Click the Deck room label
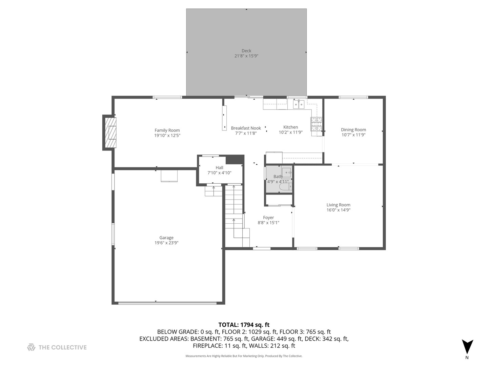(246, 51)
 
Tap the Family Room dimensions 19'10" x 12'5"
(167, 136)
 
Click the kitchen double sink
(299, 104)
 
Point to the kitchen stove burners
(316, 124)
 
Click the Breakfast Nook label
(246, 128)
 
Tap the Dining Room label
(353, 130)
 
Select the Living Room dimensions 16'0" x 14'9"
(338, 210)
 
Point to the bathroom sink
(286, 172)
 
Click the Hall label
(219, 168)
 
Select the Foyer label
(268, 218)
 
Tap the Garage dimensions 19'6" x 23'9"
(166, 243)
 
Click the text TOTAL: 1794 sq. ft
(244, 325)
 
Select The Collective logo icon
(31, 347)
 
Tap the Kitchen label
(290, 127)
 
